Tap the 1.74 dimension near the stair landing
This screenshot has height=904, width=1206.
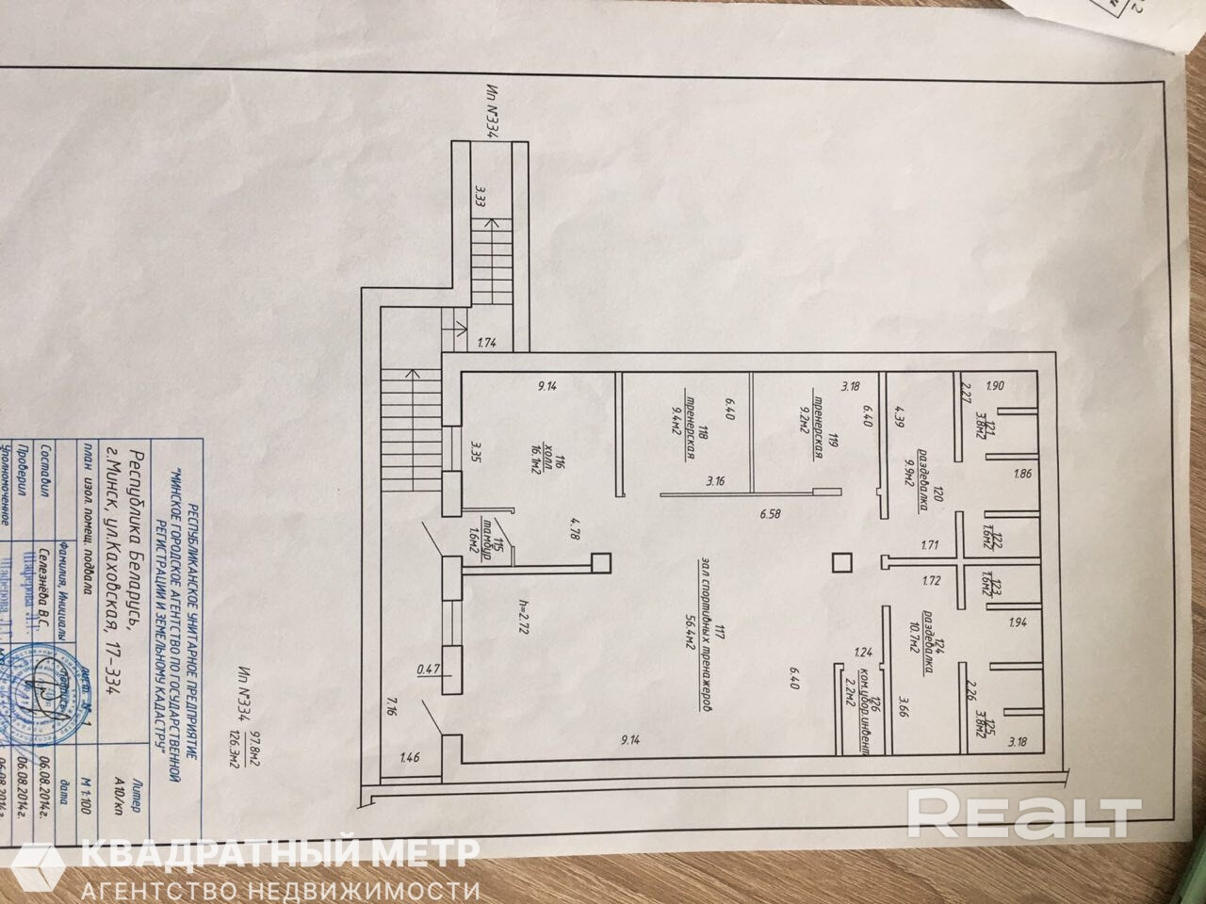486,344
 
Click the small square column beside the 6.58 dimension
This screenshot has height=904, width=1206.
841,564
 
